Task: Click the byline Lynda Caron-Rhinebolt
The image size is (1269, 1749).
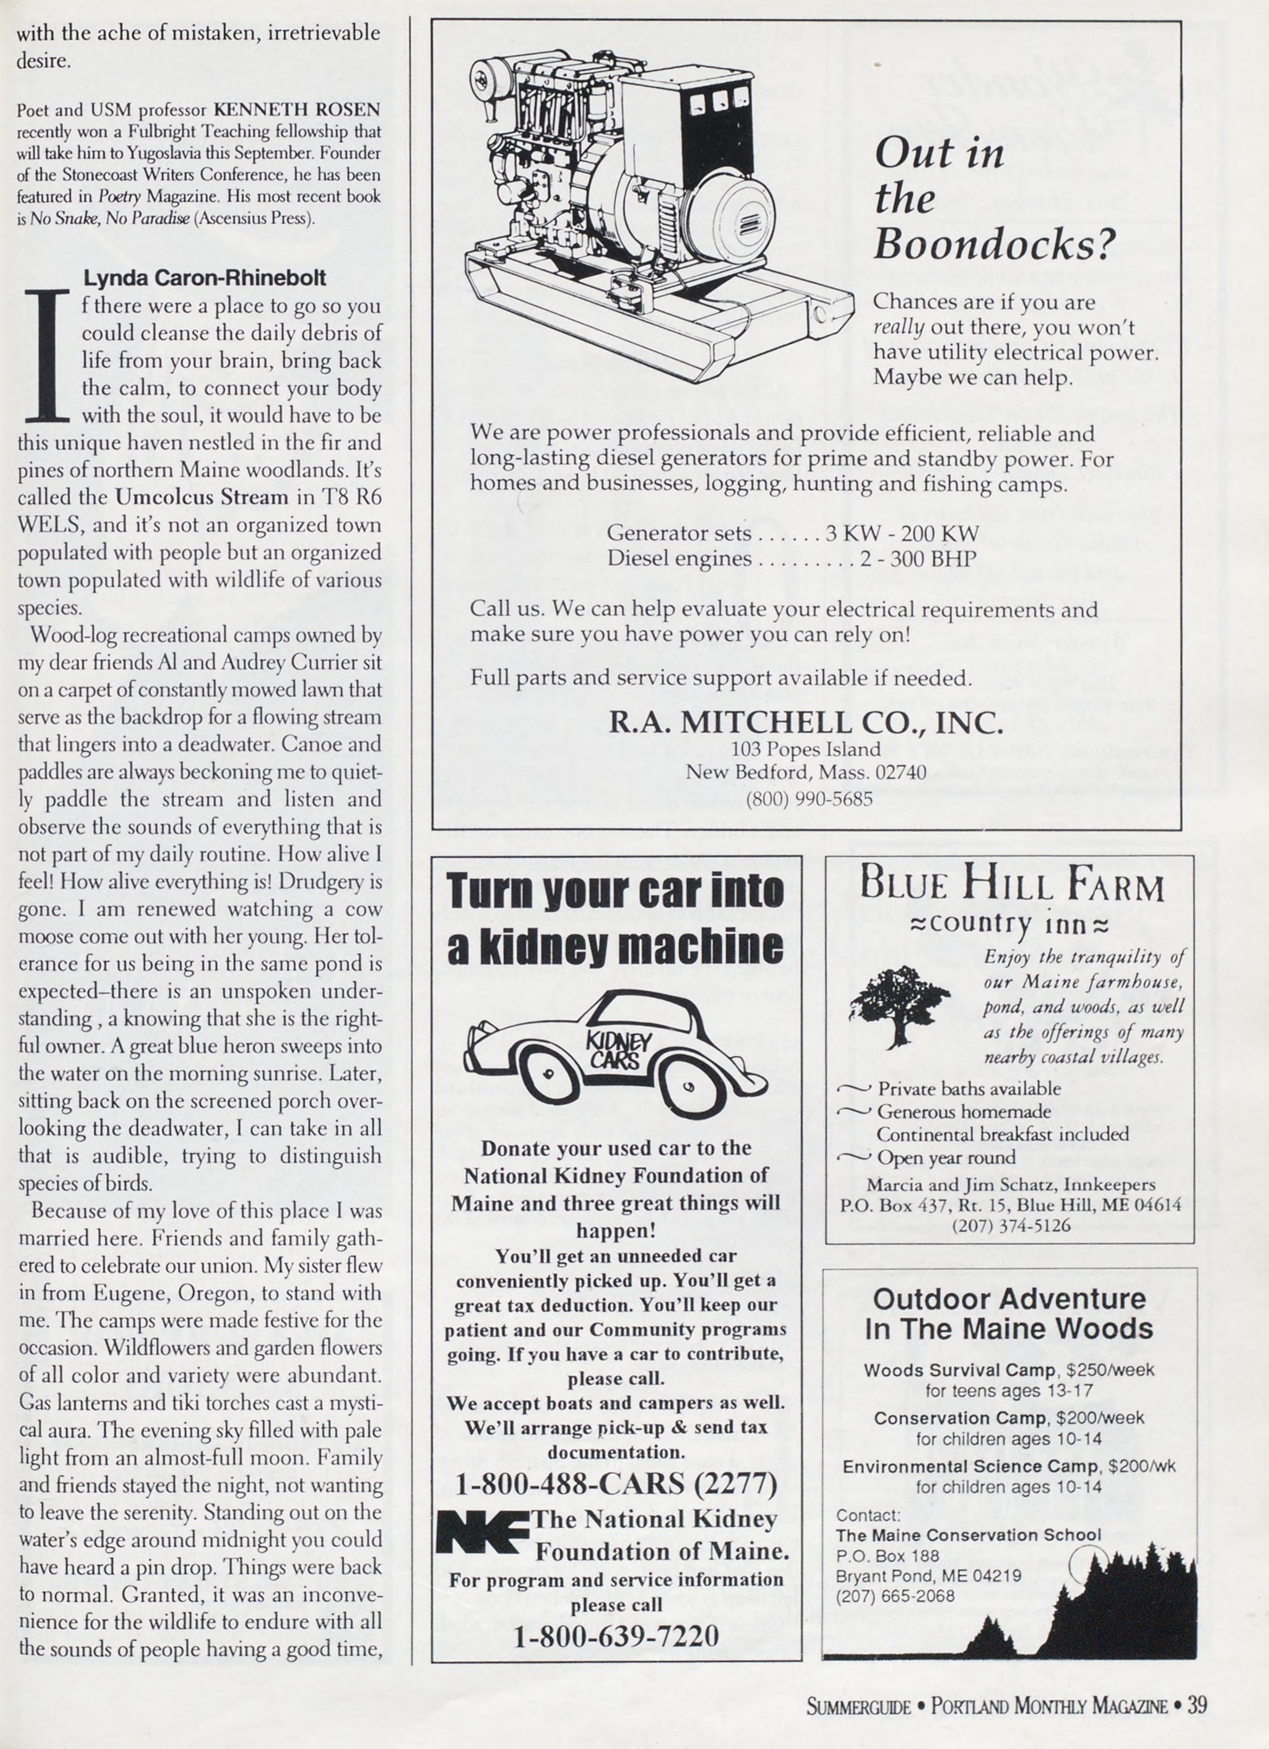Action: [x=204, y=277]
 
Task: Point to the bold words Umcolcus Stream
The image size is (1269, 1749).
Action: [x=201, y=497]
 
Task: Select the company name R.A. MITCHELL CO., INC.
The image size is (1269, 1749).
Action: [x=806, y=723]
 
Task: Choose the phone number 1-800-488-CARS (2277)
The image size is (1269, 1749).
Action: [x=616, y=1484]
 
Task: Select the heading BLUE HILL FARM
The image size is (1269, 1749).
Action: [x=1012, y=886]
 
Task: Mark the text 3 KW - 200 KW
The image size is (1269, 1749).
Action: [x=902, y=534]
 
